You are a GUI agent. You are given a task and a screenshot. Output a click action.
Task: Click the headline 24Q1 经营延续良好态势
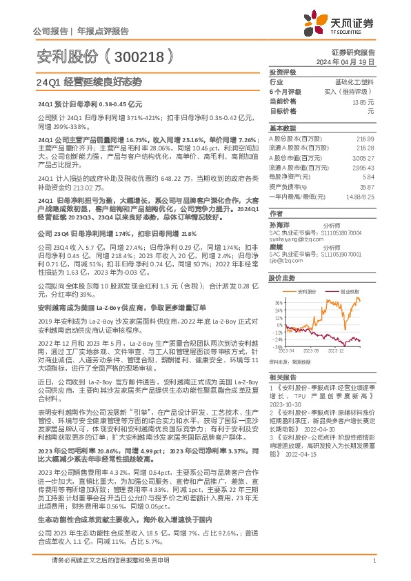click(x=88, y=81)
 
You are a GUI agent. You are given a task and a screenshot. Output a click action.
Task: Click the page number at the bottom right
click(x=373, y=562)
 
